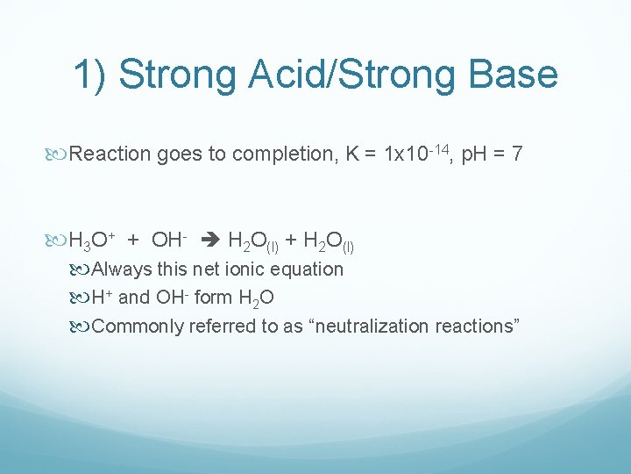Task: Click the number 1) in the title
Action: coord(90,75)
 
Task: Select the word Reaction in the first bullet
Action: coord(110,154)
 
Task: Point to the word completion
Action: coord(285,154)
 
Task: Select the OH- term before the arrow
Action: coord(171,239)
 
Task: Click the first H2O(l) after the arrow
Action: coord(253,241)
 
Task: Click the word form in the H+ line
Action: coord(213,298)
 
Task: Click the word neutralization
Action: coord(372,327)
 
